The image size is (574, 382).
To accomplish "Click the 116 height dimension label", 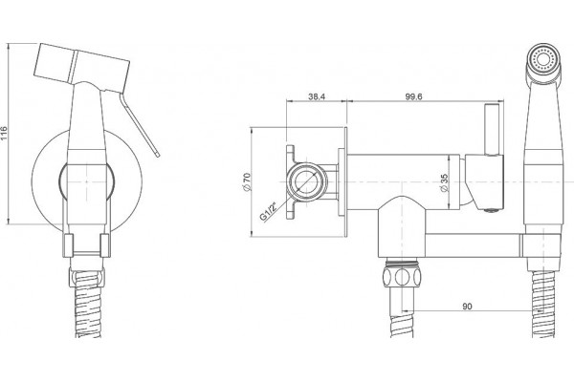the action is point(4,134).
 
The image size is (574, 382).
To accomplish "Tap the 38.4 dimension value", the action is point(317,96).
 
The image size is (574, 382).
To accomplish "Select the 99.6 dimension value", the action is point(413,96).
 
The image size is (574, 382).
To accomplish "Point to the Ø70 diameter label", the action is point(247,181).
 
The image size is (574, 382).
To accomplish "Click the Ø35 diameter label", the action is point(444,182).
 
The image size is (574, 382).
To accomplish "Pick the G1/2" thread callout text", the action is point(269,211).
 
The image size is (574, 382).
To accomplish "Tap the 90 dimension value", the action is point(467,307).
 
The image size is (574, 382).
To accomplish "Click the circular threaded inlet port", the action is point(307,181).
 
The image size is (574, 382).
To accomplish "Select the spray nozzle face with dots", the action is point(543,59).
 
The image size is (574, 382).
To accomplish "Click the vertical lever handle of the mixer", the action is point(492,130).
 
